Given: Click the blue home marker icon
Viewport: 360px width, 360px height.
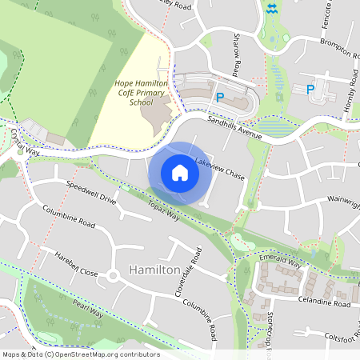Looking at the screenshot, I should point(180,173).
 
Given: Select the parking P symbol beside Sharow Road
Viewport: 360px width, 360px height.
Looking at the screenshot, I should point(219,97).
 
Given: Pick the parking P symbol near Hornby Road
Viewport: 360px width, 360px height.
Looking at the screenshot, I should point(309,89).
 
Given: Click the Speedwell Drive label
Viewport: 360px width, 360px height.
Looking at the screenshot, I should point(90,192).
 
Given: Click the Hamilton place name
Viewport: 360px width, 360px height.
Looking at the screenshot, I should point(154,270).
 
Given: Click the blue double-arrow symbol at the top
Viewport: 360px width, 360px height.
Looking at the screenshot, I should point(273,9).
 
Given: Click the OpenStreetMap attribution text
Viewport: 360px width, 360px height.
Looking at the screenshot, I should point(81,354).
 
